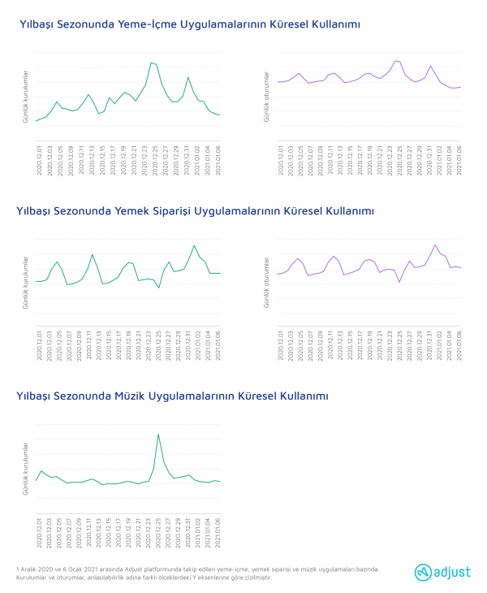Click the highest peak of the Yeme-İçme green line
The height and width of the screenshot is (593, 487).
pos(152,63)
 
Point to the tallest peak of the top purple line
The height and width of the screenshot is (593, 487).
pos(397,61)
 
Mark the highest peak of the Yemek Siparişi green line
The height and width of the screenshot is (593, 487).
pos(194,245)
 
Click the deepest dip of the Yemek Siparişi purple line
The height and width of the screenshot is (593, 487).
pos(399,282)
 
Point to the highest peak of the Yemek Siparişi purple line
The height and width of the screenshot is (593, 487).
pos(436,245)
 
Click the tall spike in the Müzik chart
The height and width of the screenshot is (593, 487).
pos(158,435)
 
